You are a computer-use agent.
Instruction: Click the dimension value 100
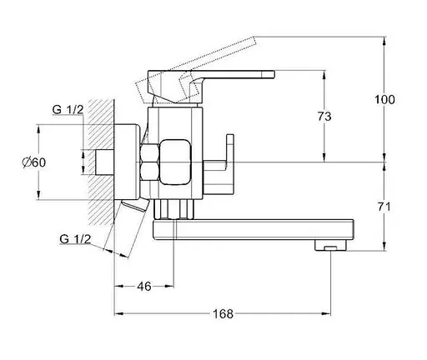[x=384, y=99]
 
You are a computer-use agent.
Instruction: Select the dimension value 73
[x=324, y=117]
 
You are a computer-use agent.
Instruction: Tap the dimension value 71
[x=384, y=207]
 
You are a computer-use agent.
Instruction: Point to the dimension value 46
[x=144, y=287]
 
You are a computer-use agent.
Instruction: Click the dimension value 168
[x=223, y=314]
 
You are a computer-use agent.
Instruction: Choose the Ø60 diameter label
[x=33, y=162]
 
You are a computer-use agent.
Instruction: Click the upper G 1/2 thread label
[x=68, y=110]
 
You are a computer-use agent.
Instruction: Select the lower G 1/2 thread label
[x=75, y=239]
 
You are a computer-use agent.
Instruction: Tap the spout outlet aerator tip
[x=330, y=245]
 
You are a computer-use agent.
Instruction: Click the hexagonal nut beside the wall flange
[x=149, y=162]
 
